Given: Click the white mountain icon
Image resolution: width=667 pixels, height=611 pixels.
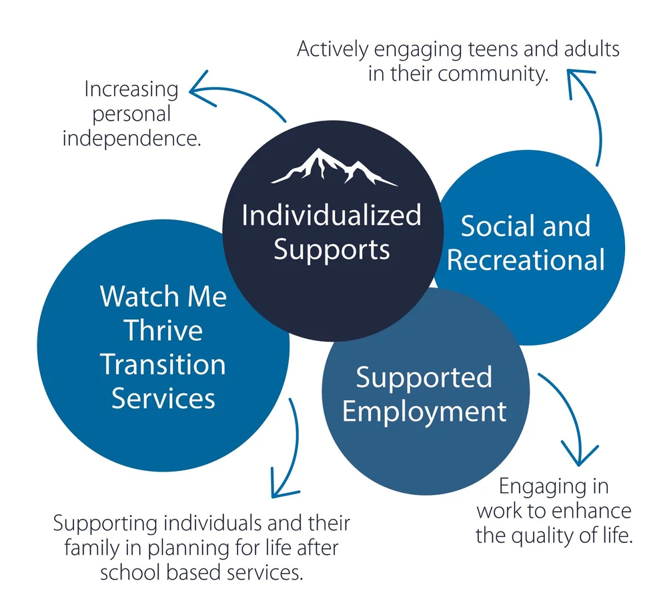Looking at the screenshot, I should point(333,167).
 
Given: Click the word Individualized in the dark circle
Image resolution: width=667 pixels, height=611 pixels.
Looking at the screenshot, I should point(331,215).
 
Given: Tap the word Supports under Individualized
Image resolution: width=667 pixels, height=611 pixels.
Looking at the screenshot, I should point(331,250).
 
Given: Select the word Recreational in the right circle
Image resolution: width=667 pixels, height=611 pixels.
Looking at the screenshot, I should point(526,259).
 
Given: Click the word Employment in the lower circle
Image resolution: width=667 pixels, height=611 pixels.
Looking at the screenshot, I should point(424,412).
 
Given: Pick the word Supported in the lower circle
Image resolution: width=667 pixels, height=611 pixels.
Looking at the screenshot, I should point(424,378).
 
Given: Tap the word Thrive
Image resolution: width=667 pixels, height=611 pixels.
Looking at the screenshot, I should point(163,330).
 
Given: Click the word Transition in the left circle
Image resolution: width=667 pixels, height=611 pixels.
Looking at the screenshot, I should point(163,364).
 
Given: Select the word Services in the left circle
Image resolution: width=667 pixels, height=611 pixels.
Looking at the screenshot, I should point(163,398).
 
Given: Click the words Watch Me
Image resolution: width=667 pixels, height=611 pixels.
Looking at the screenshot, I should point(163,296).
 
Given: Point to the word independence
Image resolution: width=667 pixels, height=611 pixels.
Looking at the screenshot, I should point(132,138).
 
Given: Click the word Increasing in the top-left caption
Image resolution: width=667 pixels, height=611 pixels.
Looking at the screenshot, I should point(131,89).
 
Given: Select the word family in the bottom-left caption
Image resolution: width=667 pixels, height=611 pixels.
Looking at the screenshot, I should point(87,548).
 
